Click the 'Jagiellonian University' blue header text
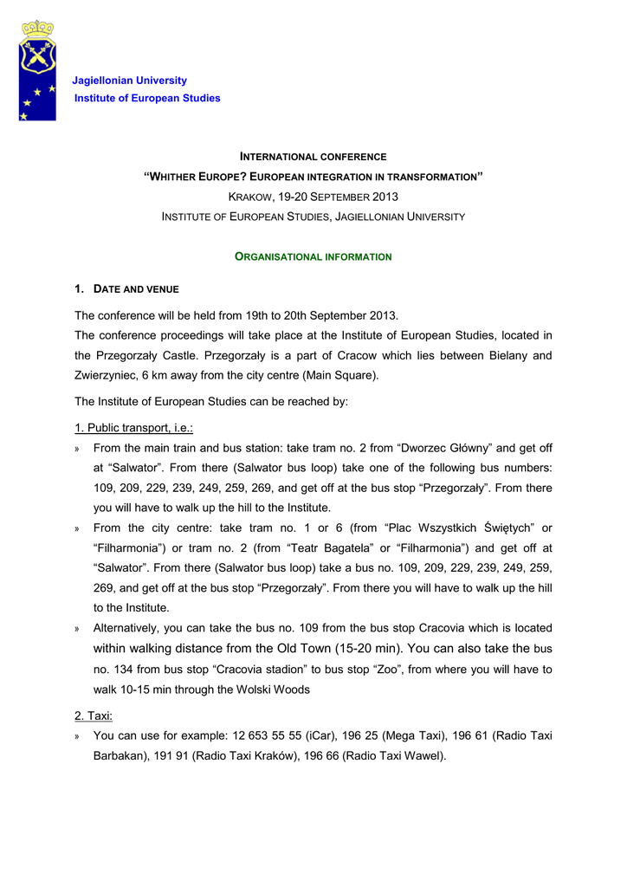[129, 81]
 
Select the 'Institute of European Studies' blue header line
[147, 98]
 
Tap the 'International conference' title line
[313, 157]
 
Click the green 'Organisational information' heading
[313, 257]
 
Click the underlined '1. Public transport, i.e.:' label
[133, 428]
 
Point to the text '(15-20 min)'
[370, 648]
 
